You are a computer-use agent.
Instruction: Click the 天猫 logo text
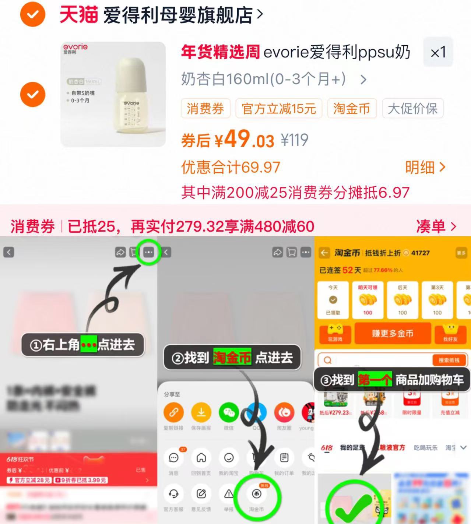coord(78,15)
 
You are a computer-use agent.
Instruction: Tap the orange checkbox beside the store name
coord(33,14)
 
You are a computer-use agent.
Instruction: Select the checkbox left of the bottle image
coord(33,94)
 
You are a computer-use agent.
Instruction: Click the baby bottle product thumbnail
coord(113,94)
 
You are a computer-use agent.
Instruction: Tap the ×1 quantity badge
coord(438,52)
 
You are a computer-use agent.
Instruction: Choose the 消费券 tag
coord(205,109)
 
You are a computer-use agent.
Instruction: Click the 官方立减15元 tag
coord(278,109)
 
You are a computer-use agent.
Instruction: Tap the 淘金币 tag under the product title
coord(352,109)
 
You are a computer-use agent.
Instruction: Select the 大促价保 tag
coord(412,109)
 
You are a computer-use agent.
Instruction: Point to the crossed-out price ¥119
coord(294,140)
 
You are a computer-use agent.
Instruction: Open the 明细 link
coord(425,168)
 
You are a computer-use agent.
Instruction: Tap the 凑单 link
coord(436,226)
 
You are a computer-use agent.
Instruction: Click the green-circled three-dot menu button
coord(148,252)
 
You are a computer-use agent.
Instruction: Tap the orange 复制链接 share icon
coord(173,412)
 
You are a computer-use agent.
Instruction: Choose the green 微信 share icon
coord(229,412)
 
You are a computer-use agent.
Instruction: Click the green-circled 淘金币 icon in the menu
coord(257,494)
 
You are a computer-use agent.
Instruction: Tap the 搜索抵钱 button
coord(449,360)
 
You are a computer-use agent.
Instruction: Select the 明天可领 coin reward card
coord(368,300)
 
